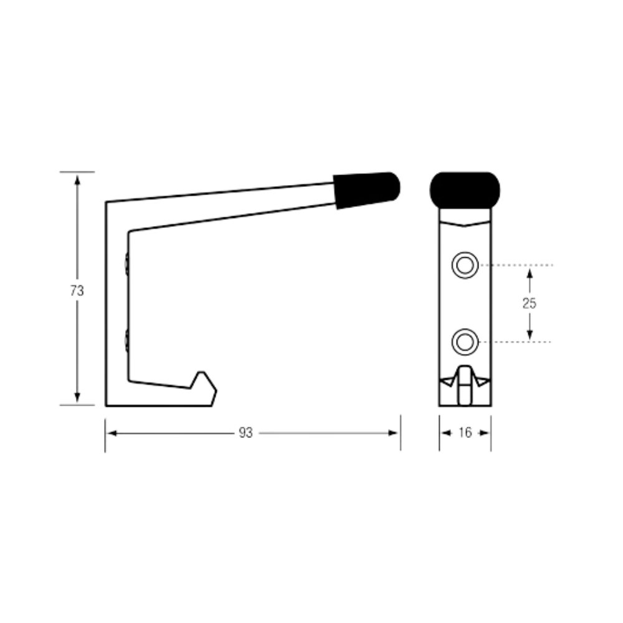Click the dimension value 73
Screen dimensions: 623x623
(77, 291)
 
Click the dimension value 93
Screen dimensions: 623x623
(246, 433)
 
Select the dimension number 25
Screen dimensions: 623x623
(529, 303)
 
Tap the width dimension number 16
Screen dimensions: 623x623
(465, 432)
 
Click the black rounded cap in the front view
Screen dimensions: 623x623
(465, 190)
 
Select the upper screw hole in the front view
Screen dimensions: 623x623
(465, 265)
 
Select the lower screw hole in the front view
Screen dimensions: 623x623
(465, 341)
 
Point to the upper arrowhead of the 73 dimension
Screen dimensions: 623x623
(77, 179)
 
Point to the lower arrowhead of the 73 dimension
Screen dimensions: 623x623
(77, 397)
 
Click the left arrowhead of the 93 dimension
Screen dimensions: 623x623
(112, 433)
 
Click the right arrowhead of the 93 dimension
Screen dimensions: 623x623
(393, 433)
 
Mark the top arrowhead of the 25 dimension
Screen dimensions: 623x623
(529, 273)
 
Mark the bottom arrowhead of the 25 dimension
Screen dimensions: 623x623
(529, 335)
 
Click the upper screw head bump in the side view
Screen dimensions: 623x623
(126, 264)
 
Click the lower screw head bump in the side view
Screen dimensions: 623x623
(126, 340)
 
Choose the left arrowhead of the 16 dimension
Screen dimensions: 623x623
(446, 433)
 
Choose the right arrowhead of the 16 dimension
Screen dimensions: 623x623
(484, 433)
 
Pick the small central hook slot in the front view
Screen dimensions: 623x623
(465, 386)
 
